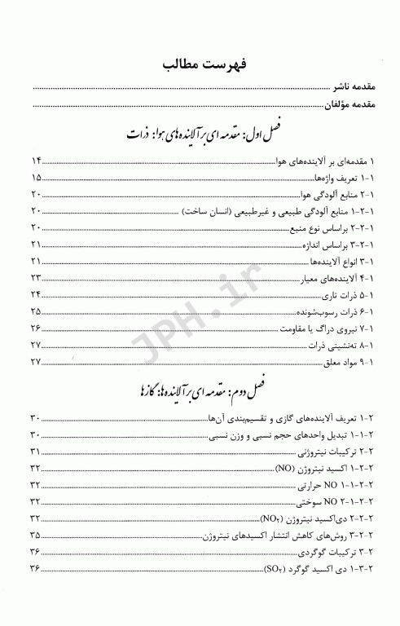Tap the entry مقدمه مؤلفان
coord(342,104)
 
